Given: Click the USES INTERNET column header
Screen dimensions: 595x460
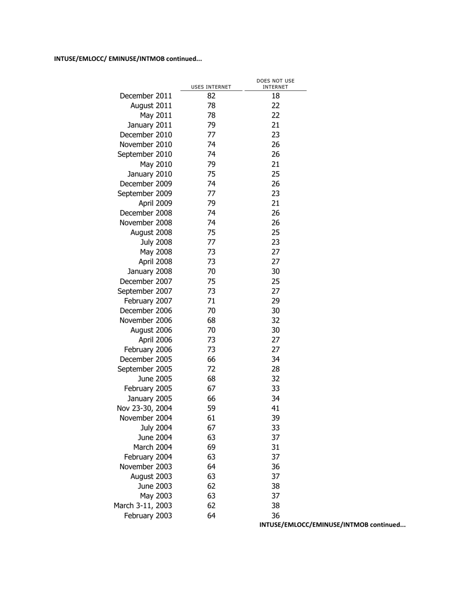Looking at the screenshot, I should (x=211, y=87).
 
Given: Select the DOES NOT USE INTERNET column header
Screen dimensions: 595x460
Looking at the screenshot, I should (x=276, y=84).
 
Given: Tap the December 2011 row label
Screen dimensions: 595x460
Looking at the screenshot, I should (x=146, y=96).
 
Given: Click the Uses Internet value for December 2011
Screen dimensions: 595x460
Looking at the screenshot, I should (x=211, y=96).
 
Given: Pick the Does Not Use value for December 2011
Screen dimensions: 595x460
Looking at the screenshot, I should (x=276, y=96).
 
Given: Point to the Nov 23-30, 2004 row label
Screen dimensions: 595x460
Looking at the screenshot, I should (x=144, y=408).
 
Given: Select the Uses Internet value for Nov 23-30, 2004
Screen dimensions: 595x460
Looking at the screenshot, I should (x=211, y=408).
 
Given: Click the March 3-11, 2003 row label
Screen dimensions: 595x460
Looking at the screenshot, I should (x=143, y=506).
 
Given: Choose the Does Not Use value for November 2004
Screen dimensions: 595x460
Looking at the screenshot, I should (x=276, y=418).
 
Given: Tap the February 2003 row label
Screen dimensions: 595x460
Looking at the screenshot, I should (x=148, y=516).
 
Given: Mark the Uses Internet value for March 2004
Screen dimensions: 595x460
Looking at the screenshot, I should (x=211, y=447).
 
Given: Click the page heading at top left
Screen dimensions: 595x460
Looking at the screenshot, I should (x=128, y=59).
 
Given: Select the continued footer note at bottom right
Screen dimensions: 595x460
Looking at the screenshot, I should (x=333, y=525).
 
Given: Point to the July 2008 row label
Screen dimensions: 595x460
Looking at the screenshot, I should (x=156, y=242).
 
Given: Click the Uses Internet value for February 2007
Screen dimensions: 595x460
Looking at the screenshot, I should (x=211, y=301).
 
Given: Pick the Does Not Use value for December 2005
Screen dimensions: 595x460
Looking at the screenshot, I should (x=276, y=359).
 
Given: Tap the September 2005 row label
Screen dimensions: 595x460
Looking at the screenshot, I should (x=145, y=369).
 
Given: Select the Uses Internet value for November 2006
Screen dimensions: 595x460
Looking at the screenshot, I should (x=211, y=320).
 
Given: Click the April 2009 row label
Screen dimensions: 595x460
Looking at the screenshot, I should (x=155, y=203).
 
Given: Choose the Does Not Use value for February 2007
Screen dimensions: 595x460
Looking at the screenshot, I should (x=276, y=301).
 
